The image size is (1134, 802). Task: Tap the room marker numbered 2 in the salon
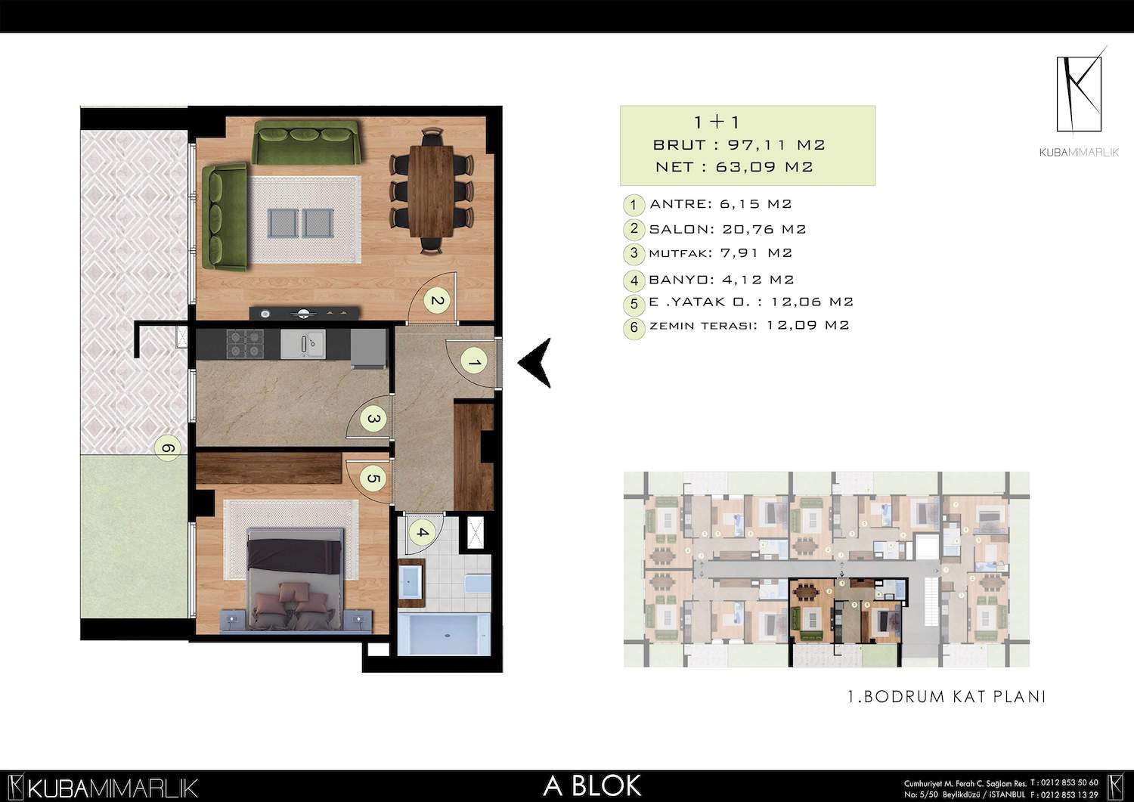click(x=436, y=301)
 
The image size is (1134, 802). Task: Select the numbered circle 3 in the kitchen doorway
click(x=373, y=420)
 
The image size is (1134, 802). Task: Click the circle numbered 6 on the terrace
click(x=168, y=448)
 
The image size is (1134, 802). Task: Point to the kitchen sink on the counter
click(x=303, y=344)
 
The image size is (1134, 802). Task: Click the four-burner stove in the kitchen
click(x=245, y=344)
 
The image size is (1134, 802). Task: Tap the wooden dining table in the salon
click(x=432, y=191)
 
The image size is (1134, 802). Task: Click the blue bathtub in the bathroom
click(x=444, y=634)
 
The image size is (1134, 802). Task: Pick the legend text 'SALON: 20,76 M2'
click(x=727, y=229)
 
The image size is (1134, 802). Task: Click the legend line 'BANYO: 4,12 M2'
click(x=721, y=280)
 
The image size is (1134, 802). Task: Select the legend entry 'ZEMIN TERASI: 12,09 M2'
click(x=749, y=325)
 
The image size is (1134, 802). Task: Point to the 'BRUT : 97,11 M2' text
click(x=739, y=145)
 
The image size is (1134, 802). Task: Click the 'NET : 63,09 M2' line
click(x=734, y=167)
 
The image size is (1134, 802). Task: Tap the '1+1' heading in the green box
click(x=717, y=122)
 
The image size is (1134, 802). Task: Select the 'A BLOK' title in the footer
click(x=592, y=786)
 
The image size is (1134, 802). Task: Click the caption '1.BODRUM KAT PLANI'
click(x=947, y=697)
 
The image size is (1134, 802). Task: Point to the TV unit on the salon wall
click(x=304, y=314)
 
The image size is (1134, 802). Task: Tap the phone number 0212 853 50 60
click(x=1071, y=783)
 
